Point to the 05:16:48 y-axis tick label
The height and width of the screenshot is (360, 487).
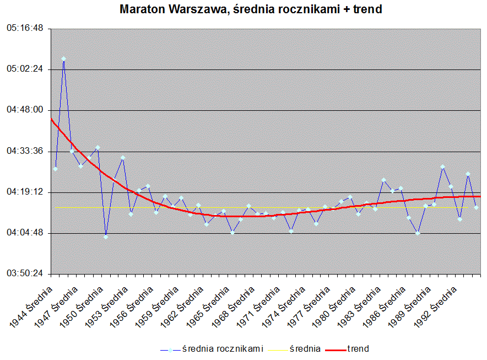point(25,29)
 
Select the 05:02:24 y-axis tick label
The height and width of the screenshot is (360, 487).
point(25,69)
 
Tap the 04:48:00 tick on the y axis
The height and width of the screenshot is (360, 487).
point(25,110)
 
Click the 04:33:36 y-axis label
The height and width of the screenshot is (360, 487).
point(25,151)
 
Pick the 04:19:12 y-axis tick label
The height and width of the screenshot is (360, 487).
point(25,192)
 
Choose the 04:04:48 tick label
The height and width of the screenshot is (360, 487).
point(25,233)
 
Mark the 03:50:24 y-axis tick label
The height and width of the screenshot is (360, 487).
point(25,274)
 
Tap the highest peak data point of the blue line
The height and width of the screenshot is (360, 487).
point(64,58)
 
